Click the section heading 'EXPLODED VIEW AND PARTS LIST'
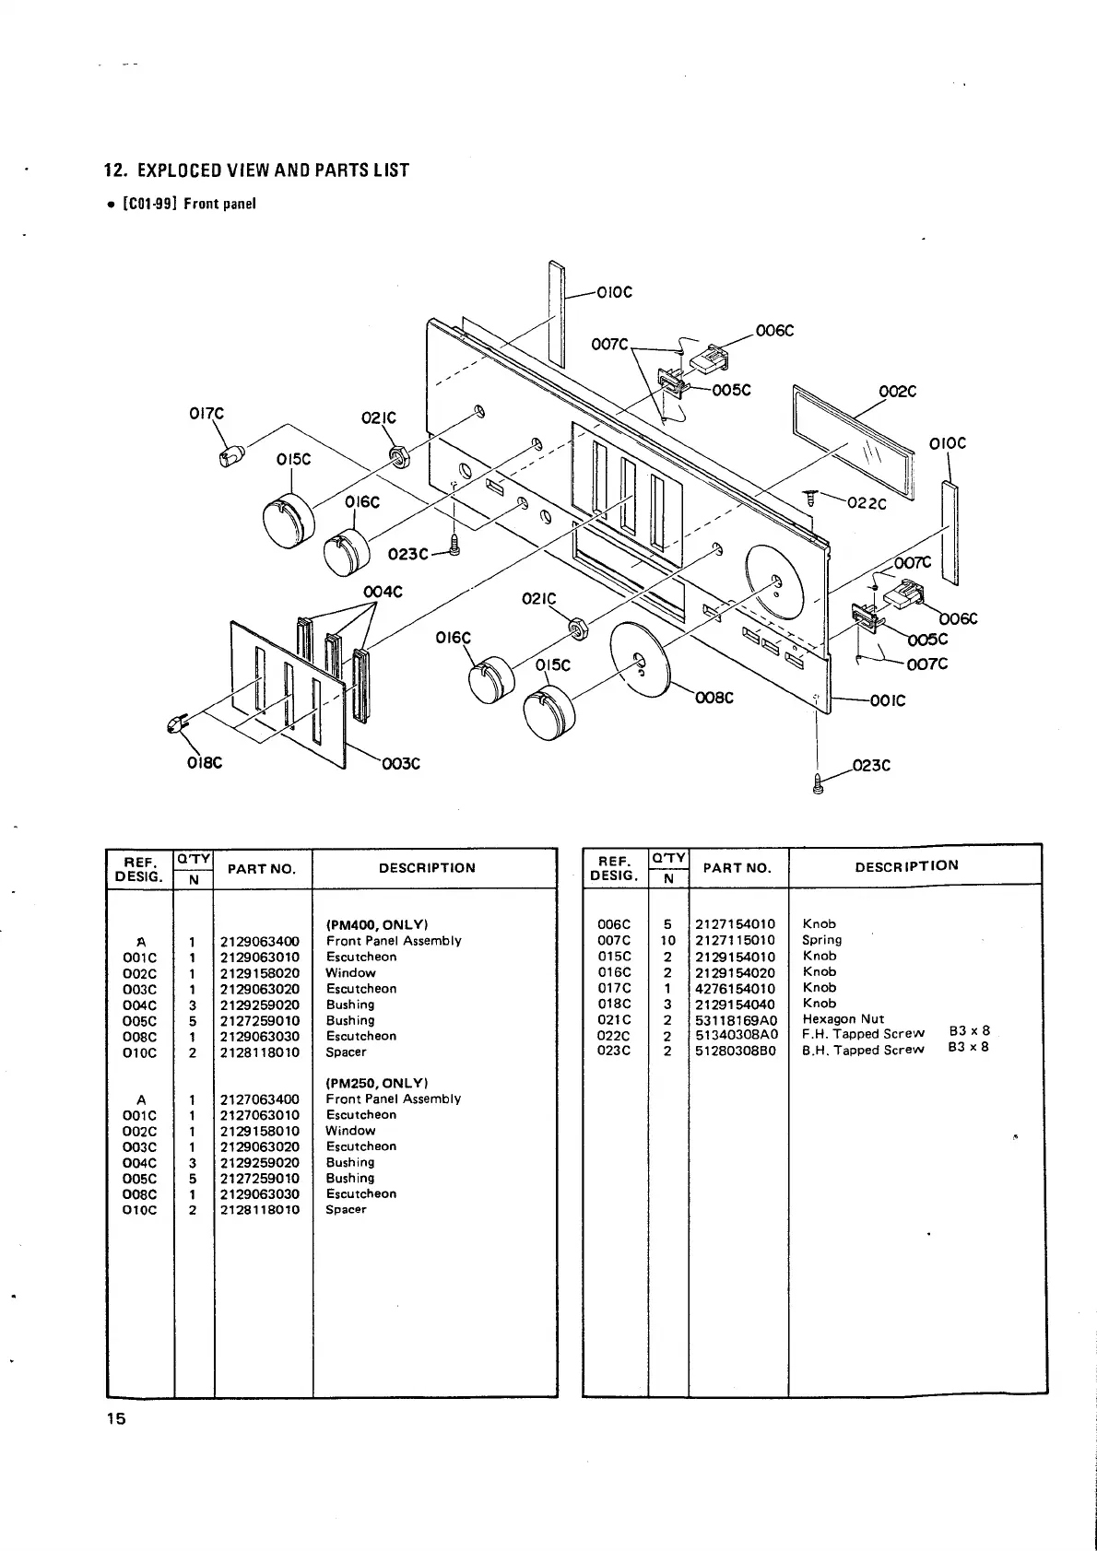256,170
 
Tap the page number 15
115,1418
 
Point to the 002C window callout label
897,392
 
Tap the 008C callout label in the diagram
714,698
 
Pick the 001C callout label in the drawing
887,700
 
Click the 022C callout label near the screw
867,503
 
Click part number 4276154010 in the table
735,988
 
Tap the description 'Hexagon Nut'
843,1019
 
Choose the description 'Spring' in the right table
821,940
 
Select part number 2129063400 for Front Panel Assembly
260,941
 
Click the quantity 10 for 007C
667,941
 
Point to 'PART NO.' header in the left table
262,869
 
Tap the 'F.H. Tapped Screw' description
863,1034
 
